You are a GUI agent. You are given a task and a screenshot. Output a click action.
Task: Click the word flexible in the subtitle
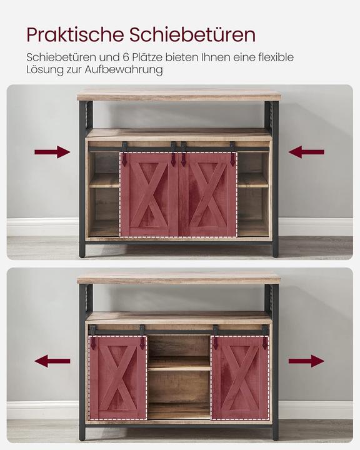273,57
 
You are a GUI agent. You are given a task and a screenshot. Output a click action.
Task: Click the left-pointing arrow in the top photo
306,152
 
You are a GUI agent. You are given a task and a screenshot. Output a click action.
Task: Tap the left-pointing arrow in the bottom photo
52,361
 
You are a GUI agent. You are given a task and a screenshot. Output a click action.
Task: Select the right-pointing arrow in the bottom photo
306,361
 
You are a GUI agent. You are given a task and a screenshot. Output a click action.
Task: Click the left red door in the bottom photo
117,377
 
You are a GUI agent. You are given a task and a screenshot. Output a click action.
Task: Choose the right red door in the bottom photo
240,377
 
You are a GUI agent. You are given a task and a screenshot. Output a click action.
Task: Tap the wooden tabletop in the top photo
179,96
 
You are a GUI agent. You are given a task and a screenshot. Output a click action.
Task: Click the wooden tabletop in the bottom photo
179,277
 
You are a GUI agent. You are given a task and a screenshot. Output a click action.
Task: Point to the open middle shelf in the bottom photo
179,363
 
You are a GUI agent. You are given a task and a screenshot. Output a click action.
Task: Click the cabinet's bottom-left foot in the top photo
82,251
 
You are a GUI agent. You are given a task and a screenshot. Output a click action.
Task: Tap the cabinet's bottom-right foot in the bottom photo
275,435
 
